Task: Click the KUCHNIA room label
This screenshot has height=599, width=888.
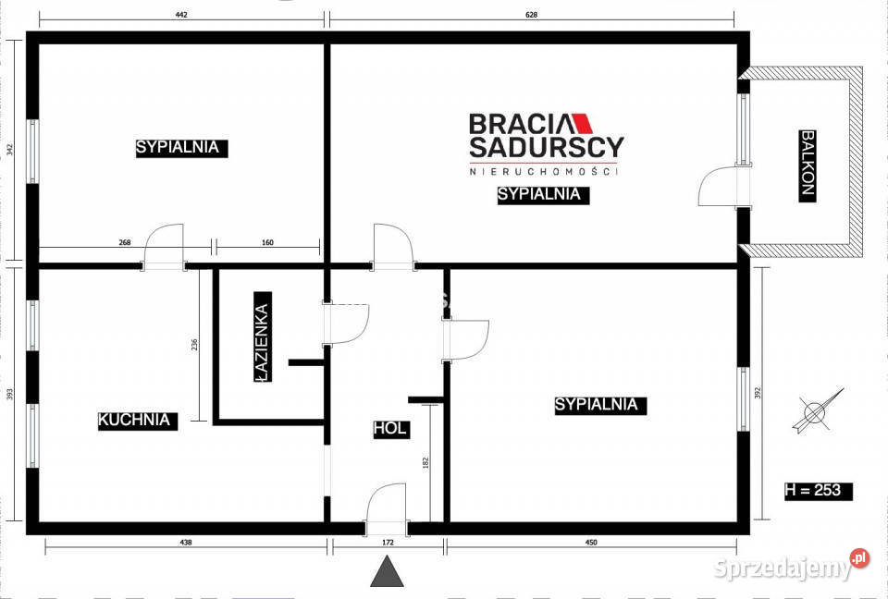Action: tap(135, 420)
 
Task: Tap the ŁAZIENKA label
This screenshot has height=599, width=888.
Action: tap(263, 342)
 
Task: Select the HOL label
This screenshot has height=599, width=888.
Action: tap(390, 429)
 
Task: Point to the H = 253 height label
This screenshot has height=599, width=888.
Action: tap(813, 490)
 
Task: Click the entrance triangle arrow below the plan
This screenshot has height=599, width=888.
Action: tap(388, 572)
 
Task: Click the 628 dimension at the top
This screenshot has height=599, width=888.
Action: tap(531, 14)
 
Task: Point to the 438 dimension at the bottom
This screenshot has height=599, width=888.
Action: tap(186, 543)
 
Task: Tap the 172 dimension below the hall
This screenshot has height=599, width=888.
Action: tap(388, 543)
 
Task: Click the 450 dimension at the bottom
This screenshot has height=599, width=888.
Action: tap(592, 543)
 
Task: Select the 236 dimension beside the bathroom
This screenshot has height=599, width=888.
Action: tap(194, 345)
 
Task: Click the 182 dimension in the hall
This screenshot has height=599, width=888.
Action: tap(425, 462)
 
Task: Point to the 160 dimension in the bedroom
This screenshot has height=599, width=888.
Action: tap(268, 243)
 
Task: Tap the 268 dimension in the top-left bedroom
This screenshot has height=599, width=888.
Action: tap(125, 243)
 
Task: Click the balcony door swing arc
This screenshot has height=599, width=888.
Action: tap(715, 186)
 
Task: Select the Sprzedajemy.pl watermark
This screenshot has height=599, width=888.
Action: tap(792, 566)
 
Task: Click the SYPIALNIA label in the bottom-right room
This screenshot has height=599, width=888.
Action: tap(597, 405)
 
